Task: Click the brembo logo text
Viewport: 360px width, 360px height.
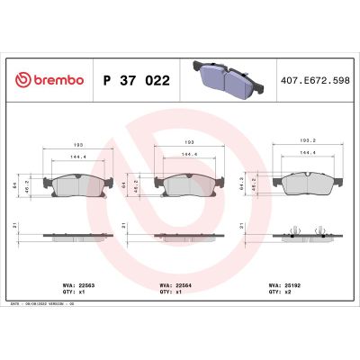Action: coord(53,80)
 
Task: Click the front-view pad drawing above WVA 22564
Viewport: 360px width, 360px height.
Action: coord(186,185)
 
